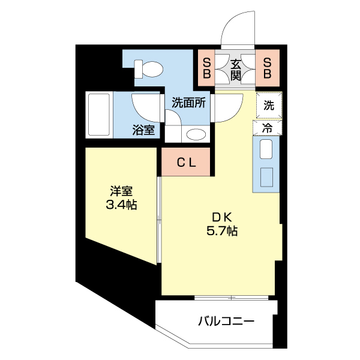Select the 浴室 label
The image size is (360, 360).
pos(144,130)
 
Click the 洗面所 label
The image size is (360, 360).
pos(189,103)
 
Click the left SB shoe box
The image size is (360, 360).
pos(206,68)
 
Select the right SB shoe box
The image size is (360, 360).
pos(268,68)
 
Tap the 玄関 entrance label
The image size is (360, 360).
pos(236,68)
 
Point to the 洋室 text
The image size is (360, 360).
pos(121,191)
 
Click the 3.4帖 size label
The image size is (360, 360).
pos(121,205)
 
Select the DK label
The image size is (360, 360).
pos(217,218)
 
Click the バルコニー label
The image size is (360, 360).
pos(226,321)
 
